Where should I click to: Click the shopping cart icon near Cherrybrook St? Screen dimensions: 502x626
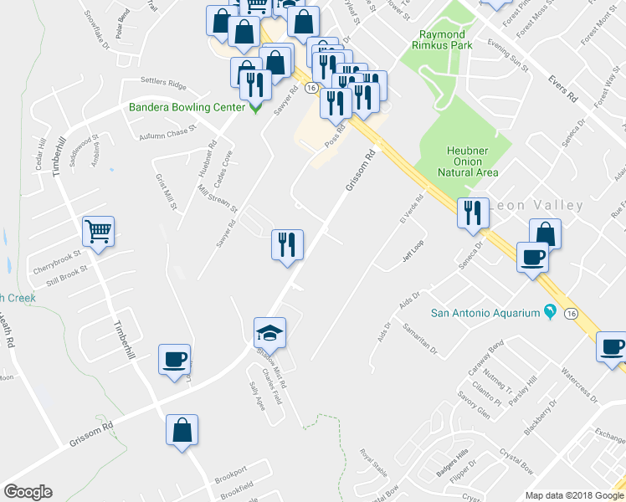pyautogui.click(x=98, y=231)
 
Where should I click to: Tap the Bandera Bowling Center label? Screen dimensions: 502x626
pyautogui.click(x=187, y=107)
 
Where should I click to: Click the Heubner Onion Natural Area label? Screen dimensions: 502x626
pyautogui.click(x=468, y=161)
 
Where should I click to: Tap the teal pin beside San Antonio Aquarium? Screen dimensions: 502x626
pyautogui.click(x=550, y=312)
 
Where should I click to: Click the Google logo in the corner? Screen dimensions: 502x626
pyautogui.click(x=28, y=491)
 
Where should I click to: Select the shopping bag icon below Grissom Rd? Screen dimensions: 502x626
pyautogui.click(x=182, y=430)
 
